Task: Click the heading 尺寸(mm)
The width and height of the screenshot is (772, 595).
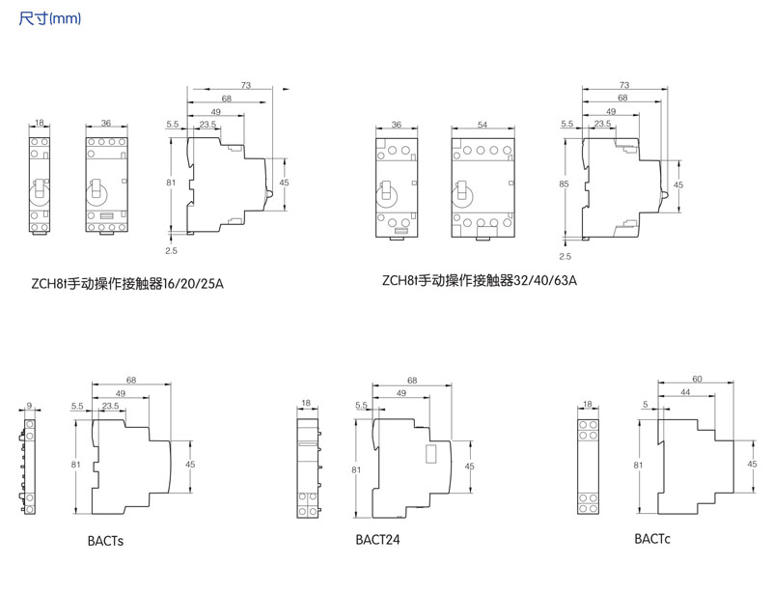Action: (x=49, y=18)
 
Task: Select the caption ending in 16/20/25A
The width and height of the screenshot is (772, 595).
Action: (x=126, y=283)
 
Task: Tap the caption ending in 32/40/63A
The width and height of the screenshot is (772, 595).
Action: (x=479, y=281)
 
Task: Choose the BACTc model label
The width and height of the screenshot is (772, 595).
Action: (x=652, y=538)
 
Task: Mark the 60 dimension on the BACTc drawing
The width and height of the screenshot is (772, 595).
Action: (x=697, y=379)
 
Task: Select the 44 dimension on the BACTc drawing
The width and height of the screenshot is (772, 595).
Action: (x=684, y=393)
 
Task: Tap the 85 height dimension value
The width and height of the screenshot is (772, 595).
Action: (x=562, y=182)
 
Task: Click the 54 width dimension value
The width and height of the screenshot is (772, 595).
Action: (x=482, y=125)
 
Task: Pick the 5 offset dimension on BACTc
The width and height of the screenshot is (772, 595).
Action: (x=644, y=406)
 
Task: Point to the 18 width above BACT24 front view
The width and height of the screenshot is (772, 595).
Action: (x=305, y=403)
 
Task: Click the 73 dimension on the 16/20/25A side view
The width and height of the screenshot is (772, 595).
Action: (x=245, y=86)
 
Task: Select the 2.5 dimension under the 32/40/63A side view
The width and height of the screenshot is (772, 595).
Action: (x=565, y=256)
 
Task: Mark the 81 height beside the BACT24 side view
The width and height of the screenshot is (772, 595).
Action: (x=356, y=469)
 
